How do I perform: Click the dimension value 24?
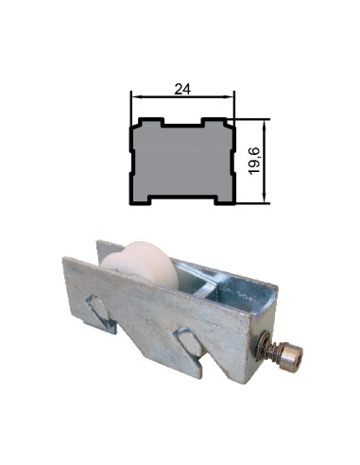(180, 89)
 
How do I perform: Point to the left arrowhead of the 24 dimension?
(134, 97)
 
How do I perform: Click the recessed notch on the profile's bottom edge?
(181, 199)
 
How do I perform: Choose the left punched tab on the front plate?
(100, 309)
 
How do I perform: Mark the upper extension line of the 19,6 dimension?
(249, 119)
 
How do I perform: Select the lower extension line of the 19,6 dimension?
(249, 202)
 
